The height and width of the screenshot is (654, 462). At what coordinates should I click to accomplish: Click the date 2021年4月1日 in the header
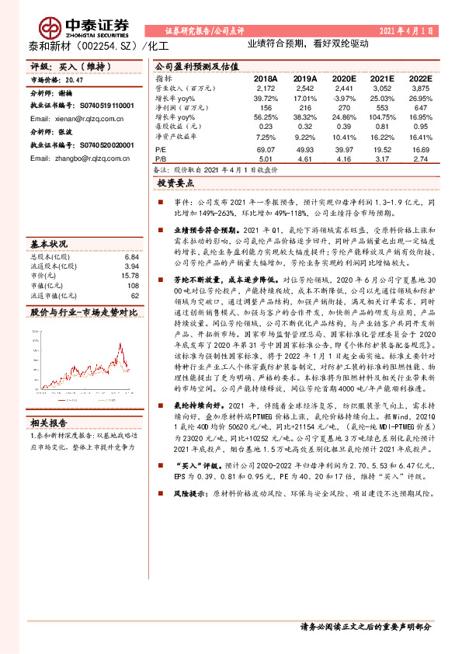click(x=405, y=30)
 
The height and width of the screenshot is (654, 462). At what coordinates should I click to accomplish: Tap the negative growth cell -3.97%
click(x=343, y=99)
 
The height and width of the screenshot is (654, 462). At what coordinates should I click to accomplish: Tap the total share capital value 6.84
click(x=131, y=256)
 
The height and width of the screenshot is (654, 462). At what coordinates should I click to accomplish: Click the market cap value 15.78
click(x=129, y=276)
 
